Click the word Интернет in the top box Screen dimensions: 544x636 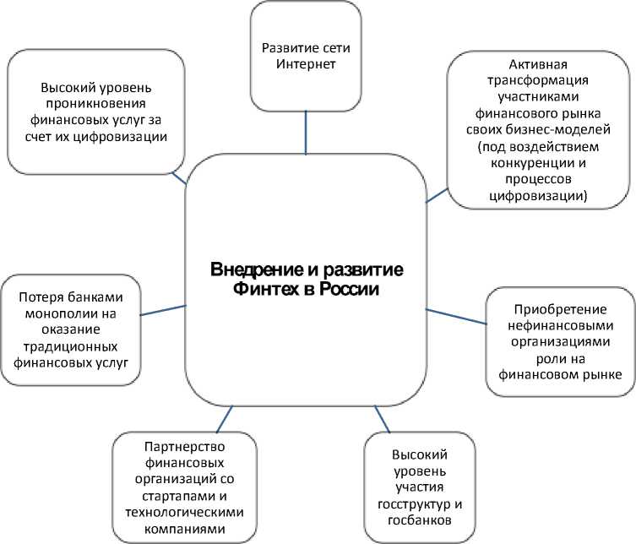(305, 64)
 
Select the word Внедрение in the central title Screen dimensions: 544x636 (247, 271)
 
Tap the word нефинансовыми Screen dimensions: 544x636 (560, 326)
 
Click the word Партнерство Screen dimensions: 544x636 (183, 448)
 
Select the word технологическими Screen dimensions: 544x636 (183, 512)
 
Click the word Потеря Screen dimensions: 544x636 (41, 296)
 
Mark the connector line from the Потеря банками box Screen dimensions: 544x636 (162, 310)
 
